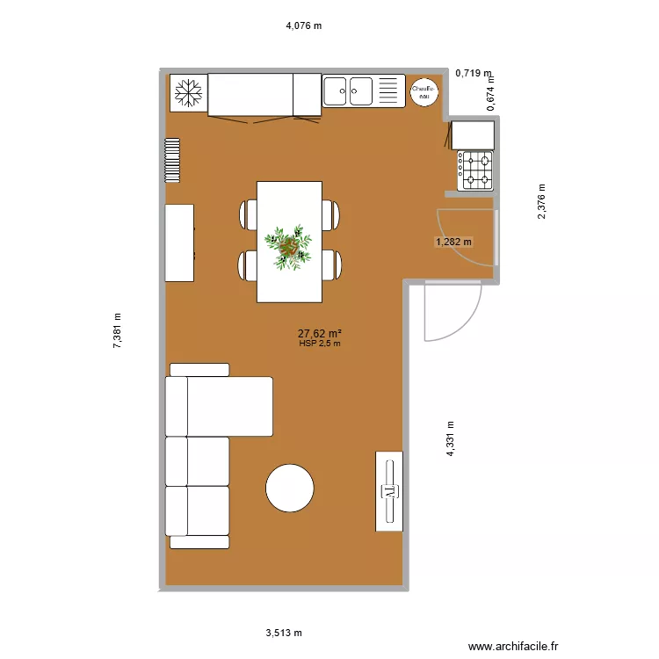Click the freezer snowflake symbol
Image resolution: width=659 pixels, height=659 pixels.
coord(186,92)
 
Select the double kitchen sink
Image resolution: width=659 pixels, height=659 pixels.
coord(349,91)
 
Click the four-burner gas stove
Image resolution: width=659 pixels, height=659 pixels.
coord(476,170)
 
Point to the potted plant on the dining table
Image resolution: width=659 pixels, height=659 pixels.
coord(289,245)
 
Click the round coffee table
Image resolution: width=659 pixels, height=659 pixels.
coord(289,488)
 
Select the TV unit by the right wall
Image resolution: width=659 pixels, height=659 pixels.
coord(389,491)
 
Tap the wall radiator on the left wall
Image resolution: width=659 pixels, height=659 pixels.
coord(172,160)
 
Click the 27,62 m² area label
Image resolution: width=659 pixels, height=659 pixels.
coord(319,333)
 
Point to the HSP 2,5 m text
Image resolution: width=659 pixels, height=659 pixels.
coord(319,344)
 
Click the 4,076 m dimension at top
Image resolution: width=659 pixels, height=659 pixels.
coord(304,25)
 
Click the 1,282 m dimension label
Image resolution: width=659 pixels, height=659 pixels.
coord(453,242)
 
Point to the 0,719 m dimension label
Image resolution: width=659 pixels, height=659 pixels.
coord(473,74)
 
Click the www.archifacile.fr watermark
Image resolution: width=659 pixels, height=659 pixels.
coord(514,646)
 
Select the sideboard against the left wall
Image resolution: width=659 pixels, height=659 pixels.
coord(179,243)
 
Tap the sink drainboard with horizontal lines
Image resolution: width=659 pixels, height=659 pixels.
coord(388,91)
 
